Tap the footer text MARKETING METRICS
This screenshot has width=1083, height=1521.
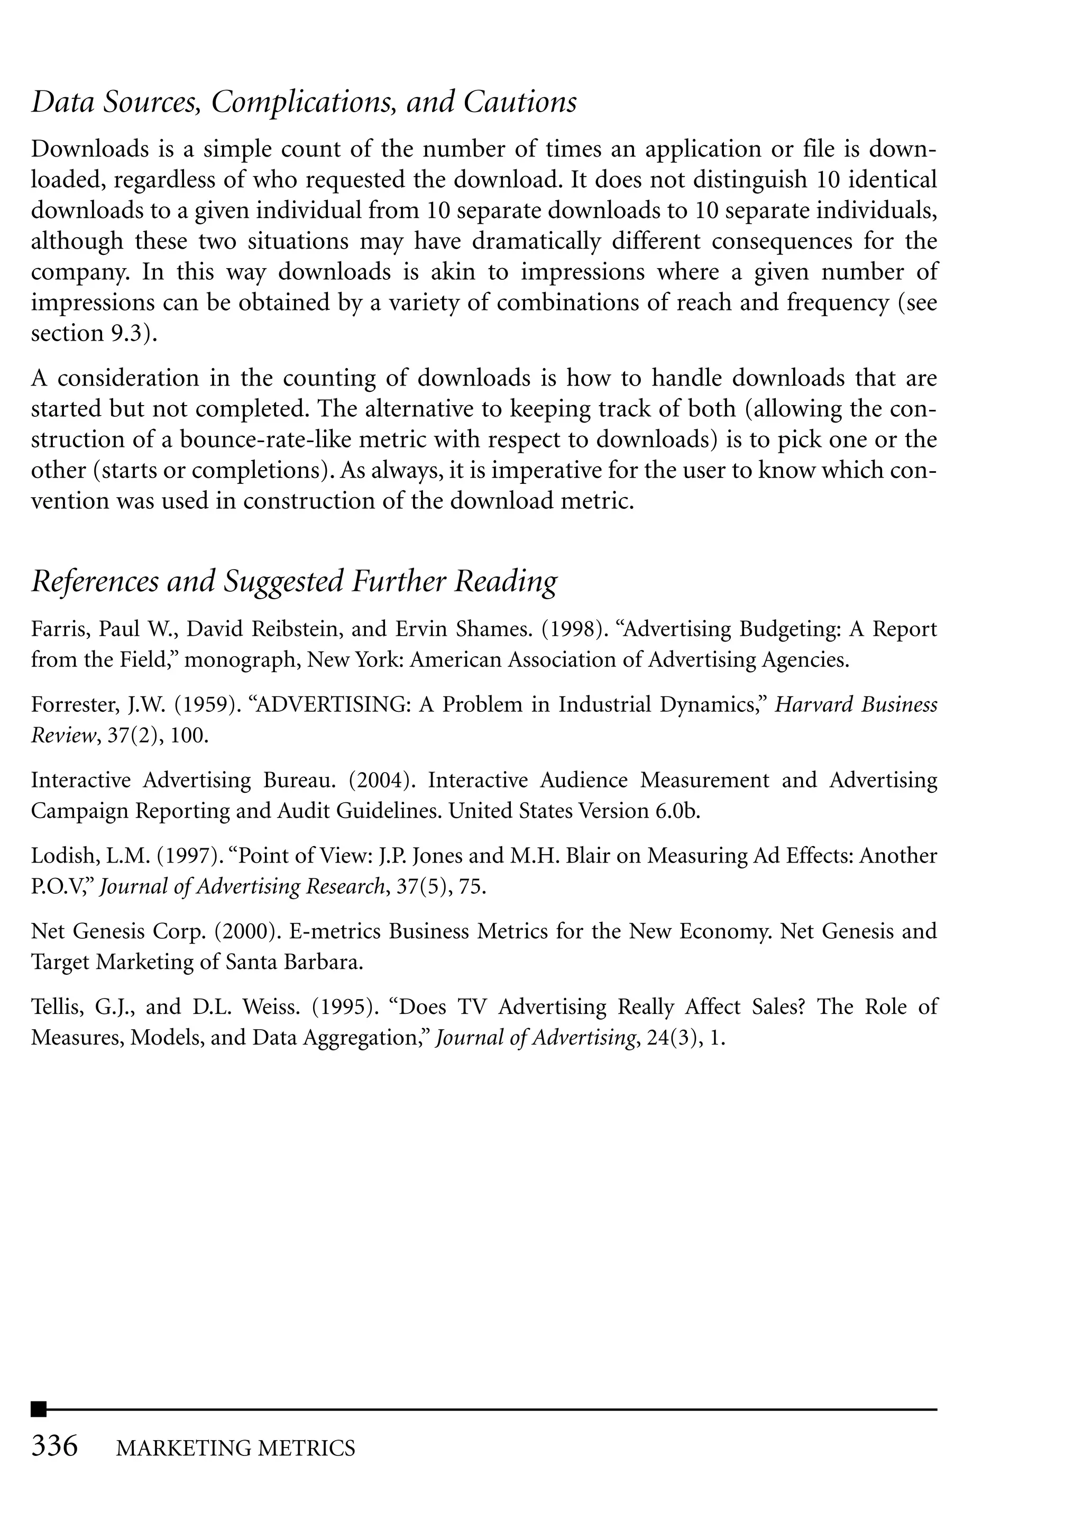235,1447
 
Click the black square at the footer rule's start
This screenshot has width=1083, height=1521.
39,1409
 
